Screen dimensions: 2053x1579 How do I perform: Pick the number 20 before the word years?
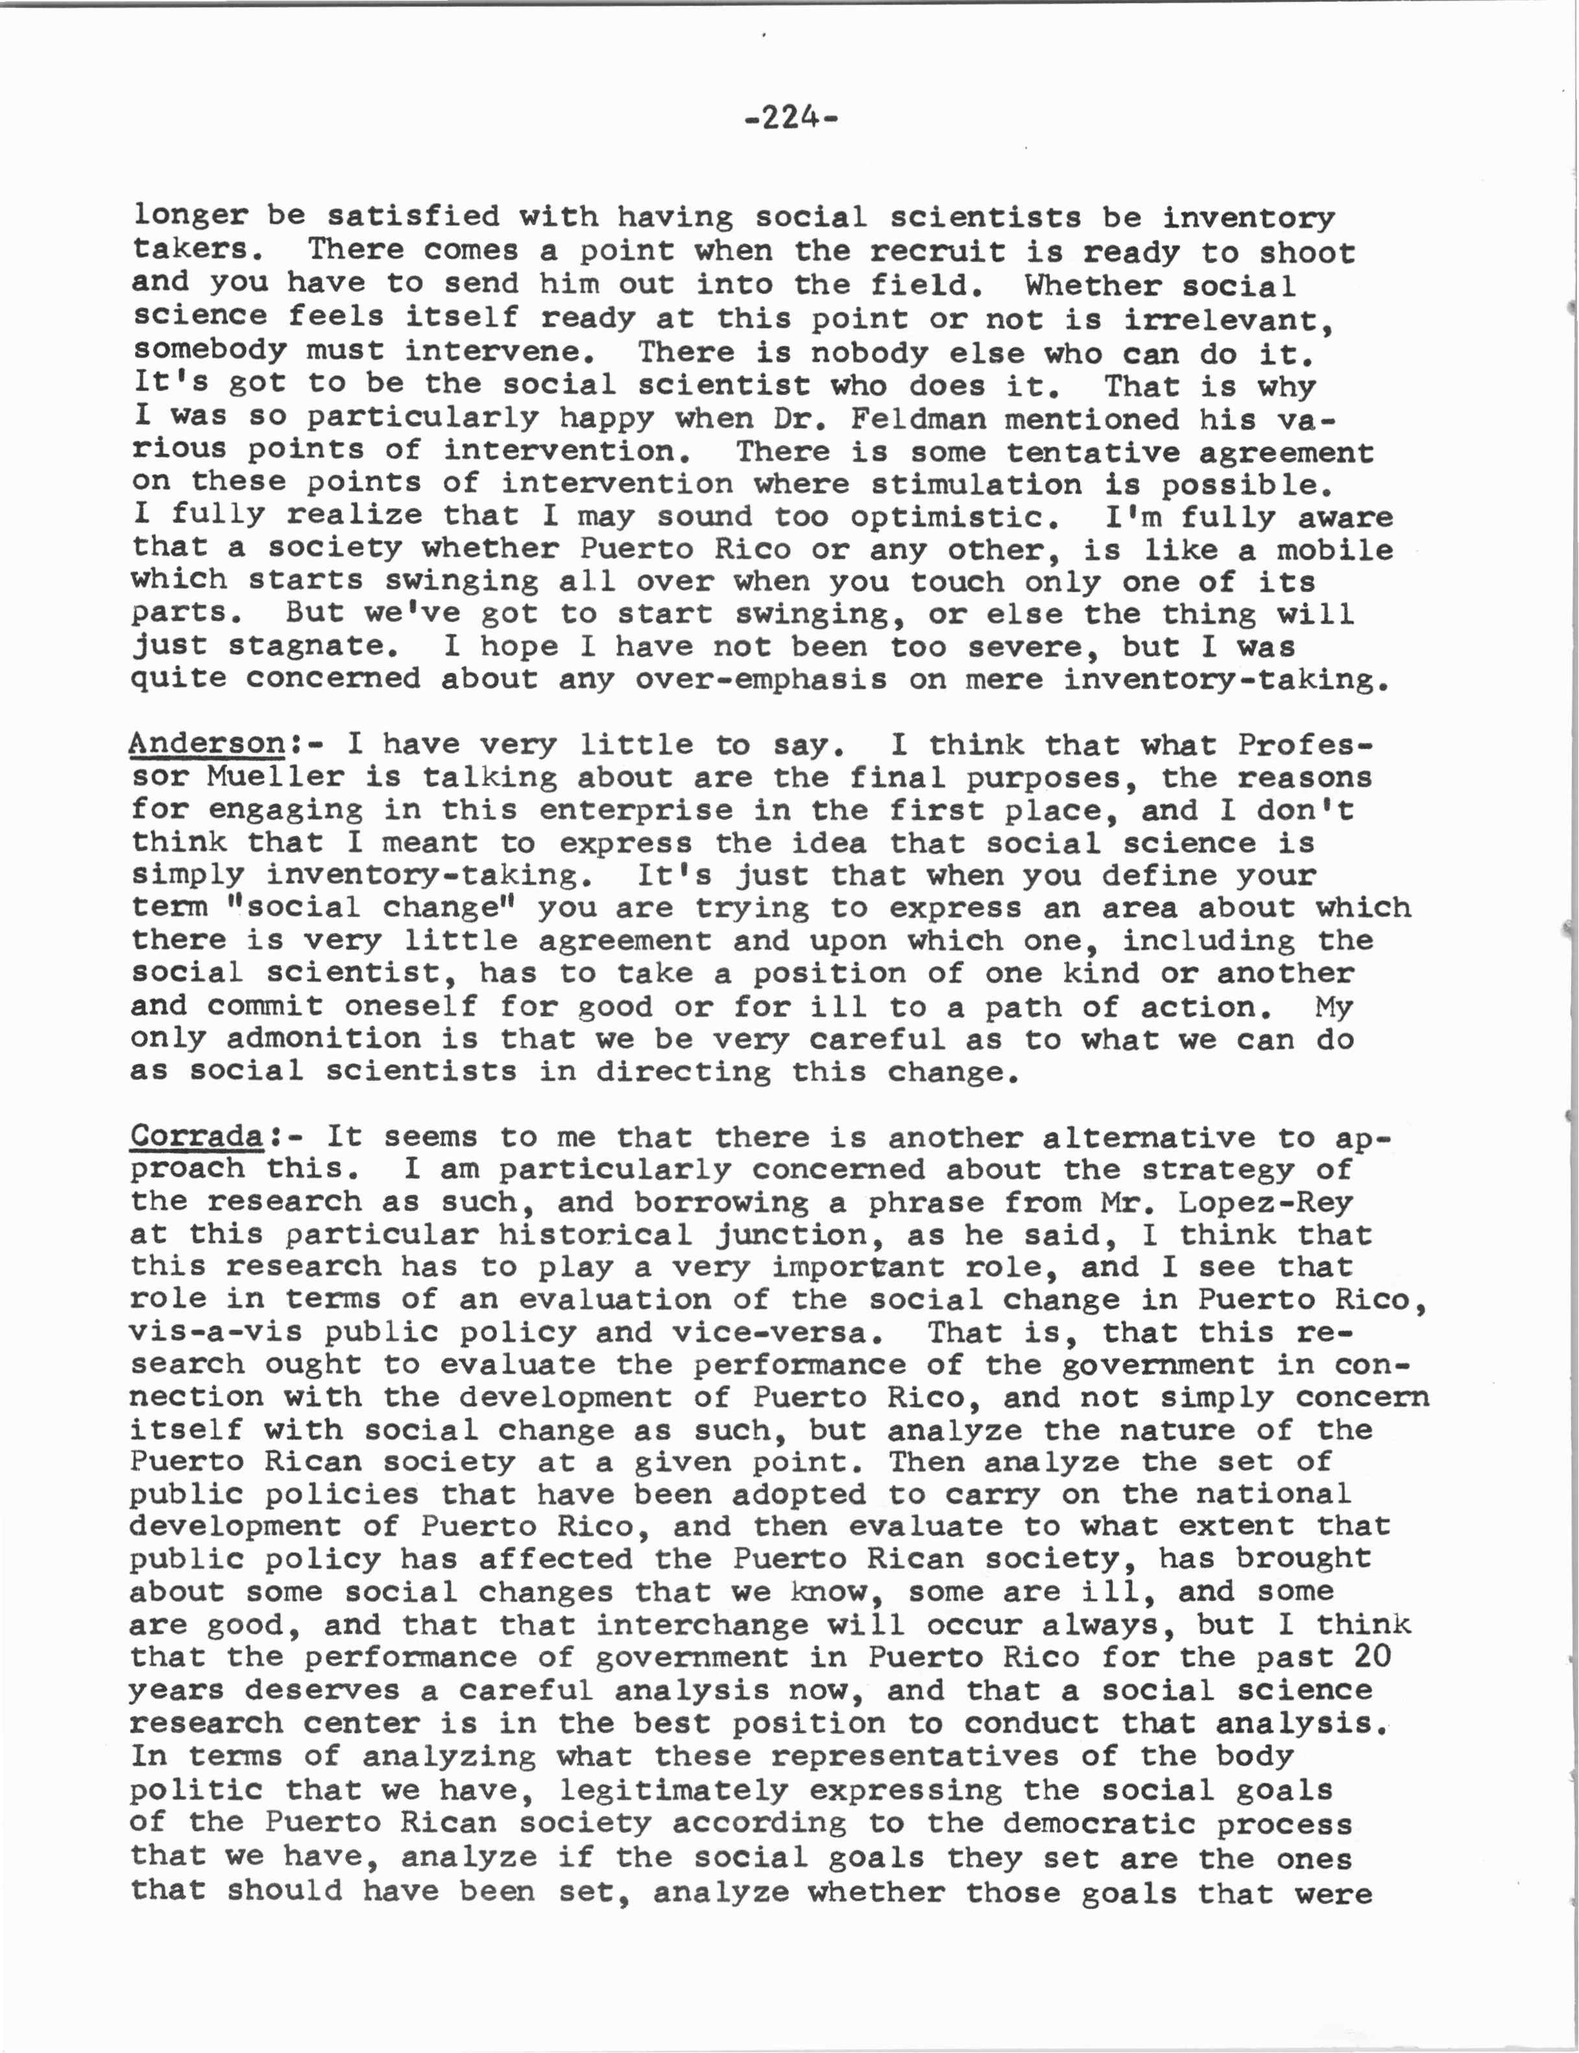coord(1371,1657)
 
